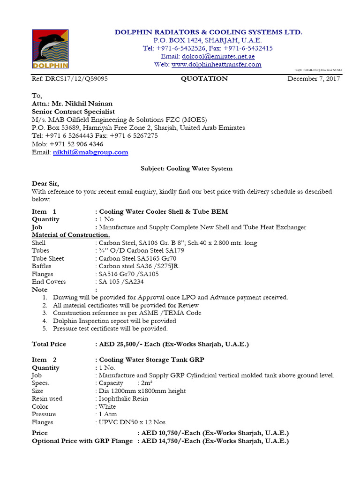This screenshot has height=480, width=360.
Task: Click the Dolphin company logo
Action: [x=50, y=49]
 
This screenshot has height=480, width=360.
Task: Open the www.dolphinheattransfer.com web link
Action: [x=216, y=65]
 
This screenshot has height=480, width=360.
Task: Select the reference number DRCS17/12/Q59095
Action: [x=70, y=79]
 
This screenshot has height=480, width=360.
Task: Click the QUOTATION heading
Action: [x=204, y=79]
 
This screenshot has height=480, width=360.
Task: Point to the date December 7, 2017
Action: [x=314, y=79]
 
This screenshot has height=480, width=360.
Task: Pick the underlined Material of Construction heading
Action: [x=71, y=235]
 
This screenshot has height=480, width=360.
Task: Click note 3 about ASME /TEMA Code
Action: [x=122, y=313]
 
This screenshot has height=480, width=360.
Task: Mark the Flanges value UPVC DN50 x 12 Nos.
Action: [x=133, y=422]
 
